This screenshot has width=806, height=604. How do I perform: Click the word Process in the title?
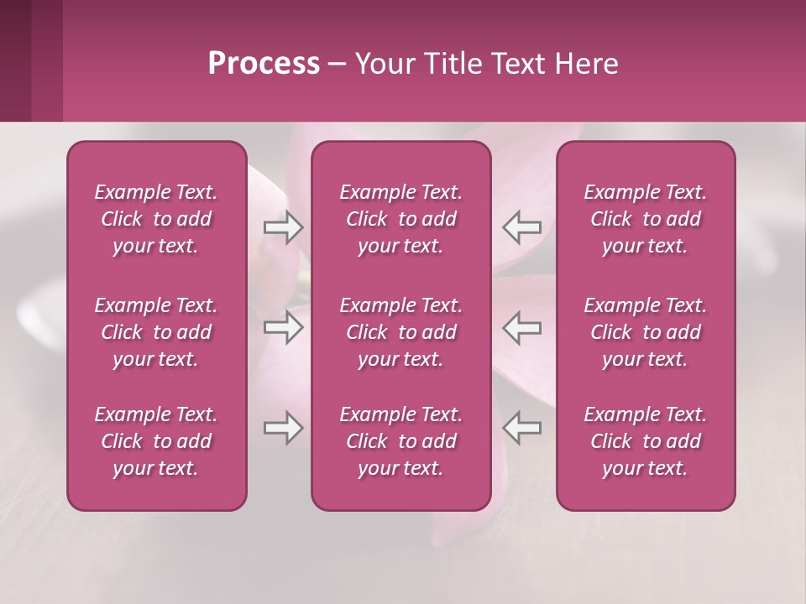pyautogui.click(x=264, y=64)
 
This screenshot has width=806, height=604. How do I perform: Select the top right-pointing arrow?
pyautogui.click(x=284, y=227)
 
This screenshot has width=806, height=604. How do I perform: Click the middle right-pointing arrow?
pyautogui.click(x=284, y=327)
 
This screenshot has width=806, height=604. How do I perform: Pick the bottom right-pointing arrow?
pyautogui.click(x=284, y=428)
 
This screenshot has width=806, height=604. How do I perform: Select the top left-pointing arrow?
pyautogui.click(x=521, y=227)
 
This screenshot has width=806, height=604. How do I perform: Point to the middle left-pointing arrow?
pyautogui.click(x=521, y=327)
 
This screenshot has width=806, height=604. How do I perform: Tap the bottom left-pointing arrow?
pyautogui.click(x=521, y=428)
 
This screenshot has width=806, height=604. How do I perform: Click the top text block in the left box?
pyautogui.click(x=156, y=219)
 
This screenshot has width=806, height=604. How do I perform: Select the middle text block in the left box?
pyautogui.click(x=156, y=332)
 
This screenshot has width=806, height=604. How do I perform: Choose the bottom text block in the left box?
pyautogui.click(x=156, y=441)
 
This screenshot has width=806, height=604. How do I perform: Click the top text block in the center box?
pyautogui.click(x=400, y=219)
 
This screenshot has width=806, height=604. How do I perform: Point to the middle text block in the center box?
pyautogui.click(x=400, y=332)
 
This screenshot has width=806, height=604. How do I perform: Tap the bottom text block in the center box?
pyautogui.click(x=400, y=441)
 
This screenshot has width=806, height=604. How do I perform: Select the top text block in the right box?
pyautogui.click(x=645, y=219)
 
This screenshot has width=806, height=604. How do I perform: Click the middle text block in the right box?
pyautogui.click(x=645, y=332)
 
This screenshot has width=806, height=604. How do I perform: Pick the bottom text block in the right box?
pyautogui.click(x=645, y=441)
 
